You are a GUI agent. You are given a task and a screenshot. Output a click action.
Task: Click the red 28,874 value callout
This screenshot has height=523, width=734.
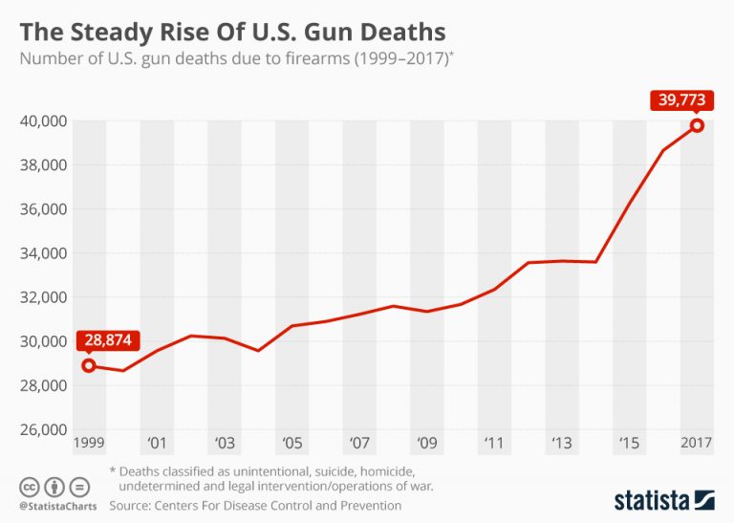click(x=110, y=340)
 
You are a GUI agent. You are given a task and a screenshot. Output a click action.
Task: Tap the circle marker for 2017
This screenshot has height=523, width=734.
click(x=698, y=125)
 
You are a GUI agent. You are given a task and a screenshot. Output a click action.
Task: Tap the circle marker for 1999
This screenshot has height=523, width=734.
click(x=89, y=365)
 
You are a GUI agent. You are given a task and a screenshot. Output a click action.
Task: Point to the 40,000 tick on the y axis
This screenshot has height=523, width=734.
click(x=41, y=121)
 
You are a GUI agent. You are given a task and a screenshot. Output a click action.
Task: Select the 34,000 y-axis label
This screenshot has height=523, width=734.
click(x=41, y=253)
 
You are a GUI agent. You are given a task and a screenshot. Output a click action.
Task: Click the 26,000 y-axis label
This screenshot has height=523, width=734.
click(x=41, y=429)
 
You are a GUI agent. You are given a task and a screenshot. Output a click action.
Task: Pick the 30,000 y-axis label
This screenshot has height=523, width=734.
click(x=41, y=341)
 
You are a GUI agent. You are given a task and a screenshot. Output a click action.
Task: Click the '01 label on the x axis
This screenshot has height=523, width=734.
click(x=157, y=444)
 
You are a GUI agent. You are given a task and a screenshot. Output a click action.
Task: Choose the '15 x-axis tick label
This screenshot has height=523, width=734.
click(x=630, y=444)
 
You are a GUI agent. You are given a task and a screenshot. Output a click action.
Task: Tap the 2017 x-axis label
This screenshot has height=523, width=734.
click(x=696, y=444)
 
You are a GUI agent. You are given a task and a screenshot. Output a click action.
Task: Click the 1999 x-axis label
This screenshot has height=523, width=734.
click(x=90, y=444)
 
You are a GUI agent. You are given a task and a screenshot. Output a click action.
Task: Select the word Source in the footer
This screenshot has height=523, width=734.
click(x=132, y=505)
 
